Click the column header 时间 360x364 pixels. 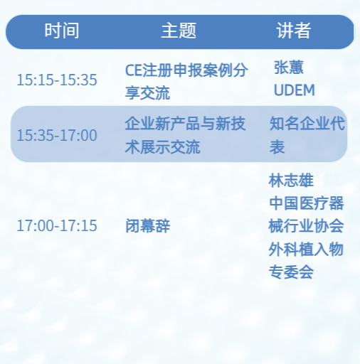click(62, 31)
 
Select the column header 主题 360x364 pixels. click(178, 31)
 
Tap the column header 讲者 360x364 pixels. click(293, 31)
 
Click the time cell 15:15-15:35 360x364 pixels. click(57, 80)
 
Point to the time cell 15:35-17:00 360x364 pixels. click(57, 135)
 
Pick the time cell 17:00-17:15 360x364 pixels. click(57, 226)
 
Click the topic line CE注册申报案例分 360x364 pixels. click(186, 70)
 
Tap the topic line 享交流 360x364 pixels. click(147, 92)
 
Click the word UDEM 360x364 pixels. click(294, 90)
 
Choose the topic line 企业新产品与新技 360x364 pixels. click(186, 124)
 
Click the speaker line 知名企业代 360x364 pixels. click(307, 124)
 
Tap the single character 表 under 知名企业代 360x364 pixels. click(277, 147)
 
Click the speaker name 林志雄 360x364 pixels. click(291, 181)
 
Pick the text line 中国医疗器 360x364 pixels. click(306, 203)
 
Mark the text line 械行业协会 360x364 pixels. click(306, 226)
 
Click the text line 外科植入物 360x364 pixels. click(306, 249)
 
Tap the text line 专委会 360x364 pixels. click(291, 272)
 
